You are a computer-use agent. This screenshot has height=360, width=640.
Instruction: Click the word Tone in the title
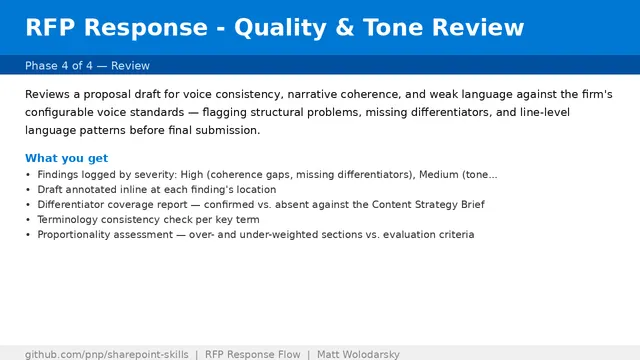392,28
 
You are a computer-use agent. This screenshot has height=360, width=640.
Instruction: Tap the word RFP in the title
50,28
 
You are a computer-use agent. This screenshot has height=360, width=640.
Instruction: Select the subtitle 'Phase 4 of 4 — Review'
87,66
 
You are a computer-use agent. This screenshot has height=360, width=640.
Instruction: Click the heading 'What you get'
67,158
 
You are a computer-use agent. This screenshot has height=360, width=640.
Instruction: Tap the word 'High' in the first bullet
192,175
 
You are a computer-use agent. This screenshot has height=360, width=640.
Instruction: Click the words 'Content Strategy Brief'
428,204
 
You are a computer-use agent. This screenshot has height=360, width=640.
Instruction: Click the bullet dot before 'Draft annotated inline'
28,190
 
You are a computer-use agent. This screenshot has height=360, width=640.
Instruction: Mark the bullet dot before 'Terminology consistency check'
28,220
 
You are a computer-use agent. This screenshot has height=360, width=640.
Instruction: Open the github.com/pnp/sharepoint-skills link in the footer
107,355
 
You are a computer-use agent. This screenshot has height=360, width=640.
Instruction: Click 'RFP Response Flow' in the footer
253,355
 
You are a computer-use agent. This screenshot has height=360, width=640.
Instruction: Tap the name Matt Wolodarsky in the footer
358,355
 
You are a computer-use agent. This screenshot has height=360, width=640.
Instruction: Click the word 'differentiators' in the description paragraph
450,112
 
